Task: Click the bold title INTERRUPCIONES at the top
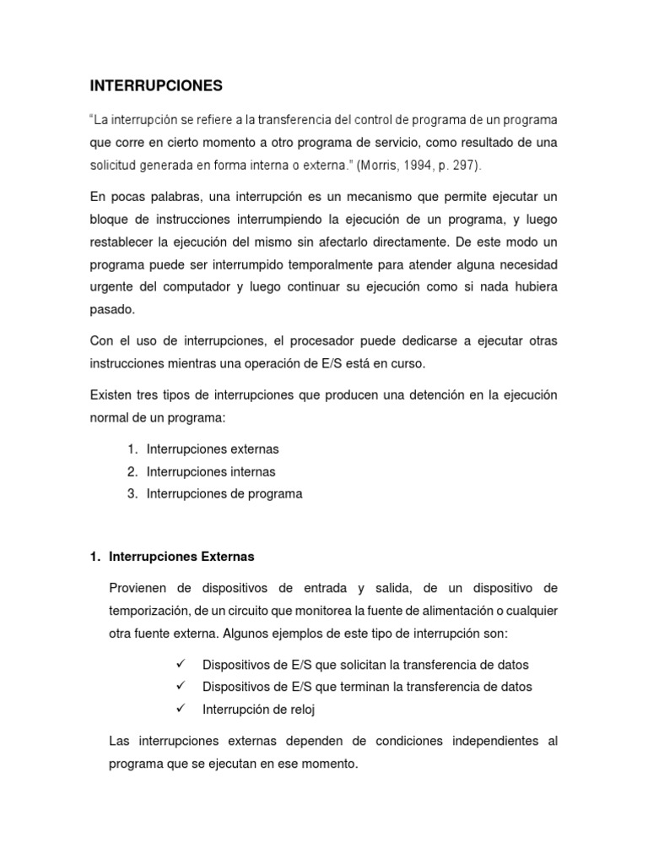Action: coord(156,85)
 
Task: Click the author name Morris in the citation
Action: coord(380,164)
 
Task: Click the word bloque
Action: coord(110,220)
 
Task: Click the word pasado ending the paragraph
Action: coord(111,309)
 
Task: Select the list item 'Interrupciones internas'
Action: coord(211,471)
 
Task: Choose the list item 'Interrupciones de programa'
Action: coord(224,493)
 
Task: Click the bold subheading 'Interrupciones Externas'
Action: coord(181,558)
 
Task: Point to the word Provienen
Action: coord(143,588)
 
